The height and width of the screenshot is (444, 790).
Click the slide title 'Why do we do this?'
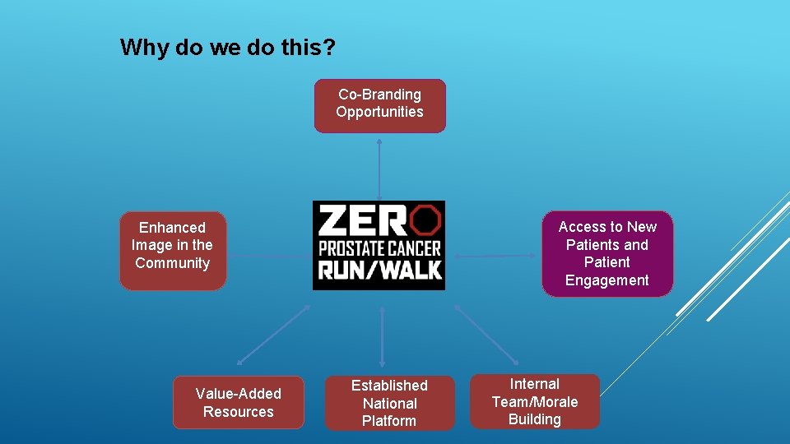(x=227, y=47)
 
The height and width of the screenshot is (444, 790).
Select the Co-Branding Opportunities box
(x=379, y=105)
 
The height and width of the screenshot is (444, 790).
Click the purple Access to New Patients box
(x=607, y=253)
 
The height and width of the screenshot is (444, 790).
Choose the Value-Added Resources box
(x=239, y=402)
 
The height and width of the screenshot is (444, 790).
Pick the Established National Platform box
(x=389, y=403)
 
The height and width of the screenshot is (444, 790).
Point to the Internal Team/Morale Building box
(x=535, y=401)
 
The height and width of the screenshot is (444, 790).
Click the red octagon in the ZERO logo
(x=425, y=220)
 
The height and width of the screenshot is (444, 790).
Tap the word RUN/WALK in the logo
(x=379, y=271)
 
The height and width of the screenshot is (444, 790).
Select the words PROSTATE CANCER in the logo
(x=379, y=247)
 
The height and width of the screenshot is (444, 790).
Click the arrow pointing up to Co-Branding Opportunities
(x=379, y=169)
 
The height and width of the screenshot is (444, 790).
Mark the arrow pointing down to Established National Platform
(x=383, y=337)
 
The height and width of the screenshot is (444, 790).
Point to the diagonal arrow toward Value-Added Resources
(x=273, y=335)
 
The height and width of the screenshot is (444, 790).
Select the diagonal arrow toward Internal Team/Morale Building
(x=486, y=335)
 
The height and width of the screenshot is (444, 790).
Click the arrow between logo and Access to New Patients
(x=496, y=256)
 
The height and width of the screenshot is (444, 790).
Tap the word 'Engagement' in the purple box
(x=607, y=280)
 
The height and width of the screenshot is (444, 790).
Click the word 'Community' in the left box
(x=173, y=263)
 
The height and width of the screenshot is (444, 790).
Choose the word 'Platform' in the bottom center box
(x=389, y=421)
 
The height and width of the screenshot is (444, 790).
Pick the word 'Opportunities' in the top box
(x=379, y=112)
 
